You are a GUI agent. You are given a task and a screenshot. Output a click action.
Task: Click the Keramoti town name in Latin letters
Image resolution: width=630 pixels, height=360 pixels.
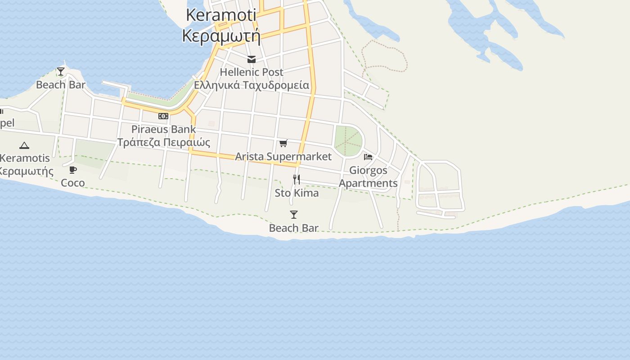click(221, 15)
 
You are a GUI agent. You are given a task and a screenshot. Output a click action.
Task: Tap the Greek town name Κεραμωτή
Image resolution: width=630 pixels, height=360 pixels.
click(221, 35)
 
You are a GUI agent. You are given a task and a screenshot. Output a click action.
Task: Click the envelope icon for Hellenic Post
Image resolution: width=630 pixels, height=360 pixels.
click(252, 59)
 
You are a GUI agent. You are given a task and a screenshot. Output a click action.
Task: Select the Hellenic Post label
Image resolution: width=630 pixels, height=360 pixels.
click(252, 72)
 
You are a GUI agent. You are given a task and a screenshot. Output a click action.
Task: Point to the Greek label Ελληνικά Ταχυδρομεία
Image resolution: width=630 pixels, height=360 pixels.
click(252, 85)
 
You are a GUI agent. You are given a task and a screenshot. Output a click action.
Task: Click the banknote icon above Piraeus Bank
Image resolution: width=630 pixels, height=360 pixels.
click(163, 116)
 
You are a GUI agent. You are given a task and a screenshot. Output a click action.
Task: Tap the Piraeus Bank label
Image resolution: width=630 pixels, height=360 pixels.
click(163, 129)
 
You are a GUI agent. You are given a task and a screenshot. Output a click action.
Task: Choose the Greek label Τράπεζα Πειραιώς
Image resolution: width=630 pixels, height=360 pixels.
click(163, 142)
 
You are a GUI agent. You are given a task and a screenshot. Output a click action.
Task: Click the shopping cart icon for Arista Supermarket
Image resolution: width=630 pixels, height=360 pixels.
click(283, 144)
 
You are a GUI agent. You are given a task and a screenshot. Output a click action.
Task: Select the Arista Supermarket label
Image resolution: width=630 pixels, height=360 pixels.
click(283, 157)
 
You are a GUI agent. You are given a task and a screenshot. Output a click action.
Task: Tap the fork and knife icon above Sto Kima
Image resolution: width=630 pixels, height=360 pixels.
click(297, 180)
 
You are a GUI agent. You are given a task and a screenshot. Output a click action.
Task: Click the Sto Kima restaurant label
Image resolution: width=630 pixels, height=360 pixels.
click(297, 193)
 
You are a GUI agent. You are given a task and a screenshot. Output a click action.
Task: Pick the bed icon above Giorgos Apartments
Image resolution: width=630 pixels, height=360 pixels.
click(368, 157)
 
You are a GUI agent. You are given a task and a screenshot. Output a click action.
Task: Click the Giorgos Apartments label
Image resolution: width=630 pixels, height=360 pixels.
click(368, 177)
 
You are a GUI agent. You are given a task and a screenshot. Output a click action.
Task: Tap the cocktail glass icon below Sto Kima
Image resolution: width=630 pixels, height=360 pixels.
click(294, 215)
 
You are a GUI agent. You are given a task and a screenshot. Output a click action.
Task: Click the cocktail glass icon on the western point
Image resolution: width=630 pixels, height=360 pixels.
click(61, 72)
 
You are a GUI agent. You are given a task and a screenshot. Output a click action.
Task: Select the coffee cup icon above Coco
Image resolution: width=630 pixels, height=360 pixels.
click(73, 170)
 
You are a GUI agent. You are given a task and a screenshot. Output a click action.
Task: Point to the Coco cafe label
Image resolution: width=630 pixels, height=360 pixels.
click(73, 183)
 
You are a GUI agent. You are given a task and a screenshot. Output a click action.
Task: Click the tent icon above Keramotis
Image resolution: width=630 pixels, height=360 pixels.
click(24, 145)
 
